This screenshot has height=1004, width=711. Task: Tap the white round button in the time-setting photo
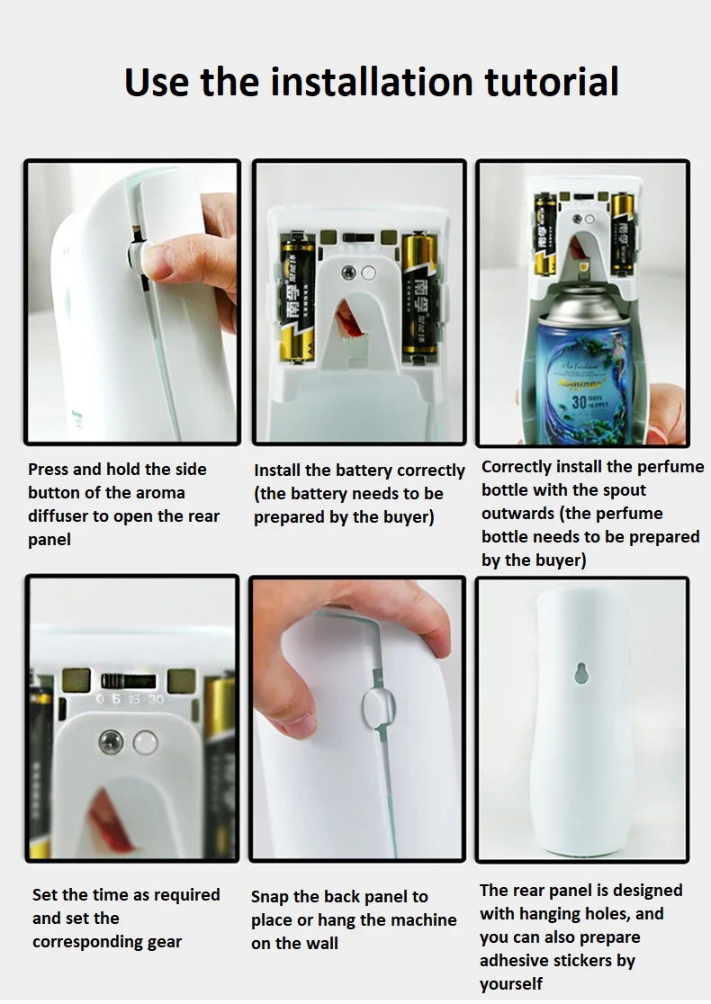click(144, 742)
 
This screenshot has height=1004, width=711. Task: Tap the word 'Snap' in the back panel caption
click(270, 897)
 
